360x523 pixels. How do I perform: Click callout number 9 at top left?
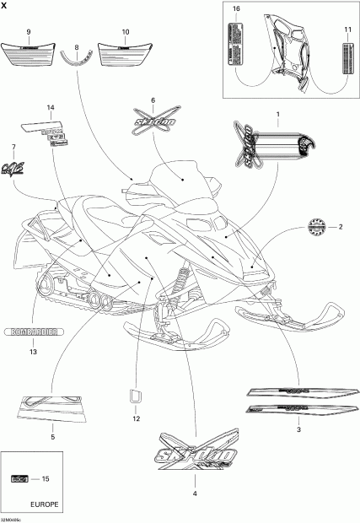click(29, 31)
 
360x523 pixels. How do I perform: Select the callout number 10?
click(126, 31)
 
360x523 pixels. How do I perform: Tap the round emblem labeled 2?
click(314, 228)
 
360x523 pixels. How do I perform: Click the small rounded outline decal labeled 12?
click(134, 396)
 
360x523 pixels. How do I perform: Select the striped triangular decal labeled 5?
click(53, 407)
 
